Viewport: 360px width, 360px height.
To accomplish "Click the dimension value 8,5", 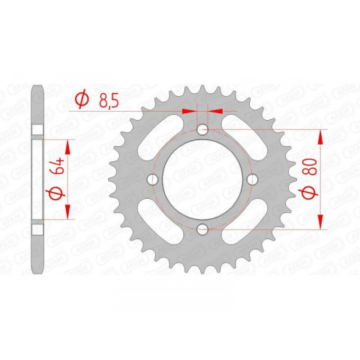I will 108,99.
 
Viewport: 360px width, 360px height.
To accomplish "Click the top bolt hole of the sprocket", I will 202,130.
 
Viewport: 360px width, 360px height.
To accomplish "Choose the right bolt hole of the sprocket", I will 251,179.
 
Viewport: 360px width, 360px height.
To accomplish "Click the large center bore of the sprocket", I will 202,179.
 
